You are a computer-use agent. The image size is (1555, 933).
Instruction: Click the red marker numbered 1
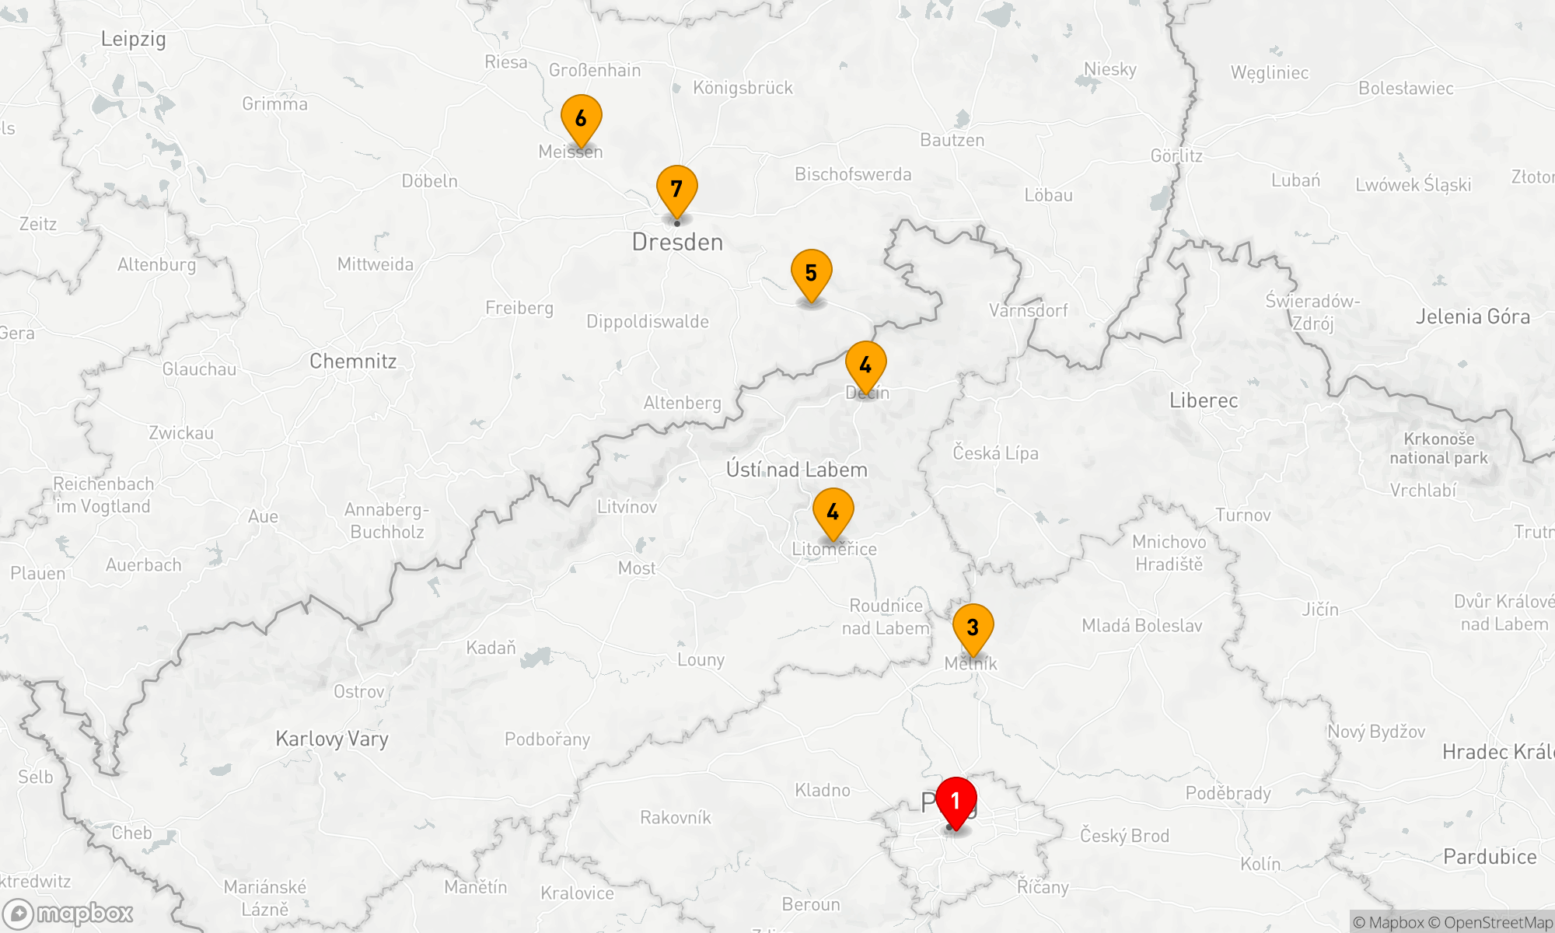pos(956,802)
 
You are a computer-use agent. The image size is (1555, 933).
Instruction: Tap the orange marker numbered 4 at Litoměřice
pos(833,512)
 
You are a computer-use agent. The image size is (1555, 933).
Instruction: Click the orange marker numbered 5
pos(811,274)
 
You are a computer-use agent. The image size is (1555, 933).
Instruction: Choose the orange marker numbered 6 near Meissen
pos(581,119)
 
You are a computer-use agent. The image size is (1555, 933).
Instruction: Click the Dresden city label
pos(677,243)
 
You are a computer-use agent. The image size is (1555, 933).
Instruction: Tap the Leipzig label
pos(133,39)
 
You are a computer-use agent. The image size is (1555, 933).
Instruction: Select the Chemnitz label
pos(353,362)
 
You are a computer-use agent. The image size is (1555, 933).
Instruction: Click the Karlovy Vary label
pos(332,739)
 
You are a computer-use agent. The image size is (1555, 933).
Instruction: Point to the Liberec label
pos(1204,401)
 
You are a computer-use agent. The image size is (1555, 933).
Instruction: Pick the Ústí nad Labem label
pos(796,470)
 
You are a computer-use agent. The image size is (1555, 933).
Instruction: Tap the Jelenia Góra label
pos(1473,317)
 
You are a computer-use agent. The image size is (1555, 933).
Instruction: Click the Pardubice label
pos(1490,857)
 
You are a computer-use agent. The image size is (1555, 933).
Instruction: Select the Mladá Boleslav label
pos(1141,626)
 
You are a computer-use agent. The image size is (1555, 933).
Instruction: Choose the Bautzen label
pos(952,141)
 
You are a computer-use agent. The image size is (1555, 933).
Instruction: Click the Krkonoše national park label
pos(1438,449)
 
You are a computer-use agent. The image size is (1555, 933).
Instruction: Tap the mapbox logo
pos(68,913)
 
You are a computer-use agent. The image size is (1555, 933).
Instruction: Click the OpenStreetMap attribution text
pos(1497,923)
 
